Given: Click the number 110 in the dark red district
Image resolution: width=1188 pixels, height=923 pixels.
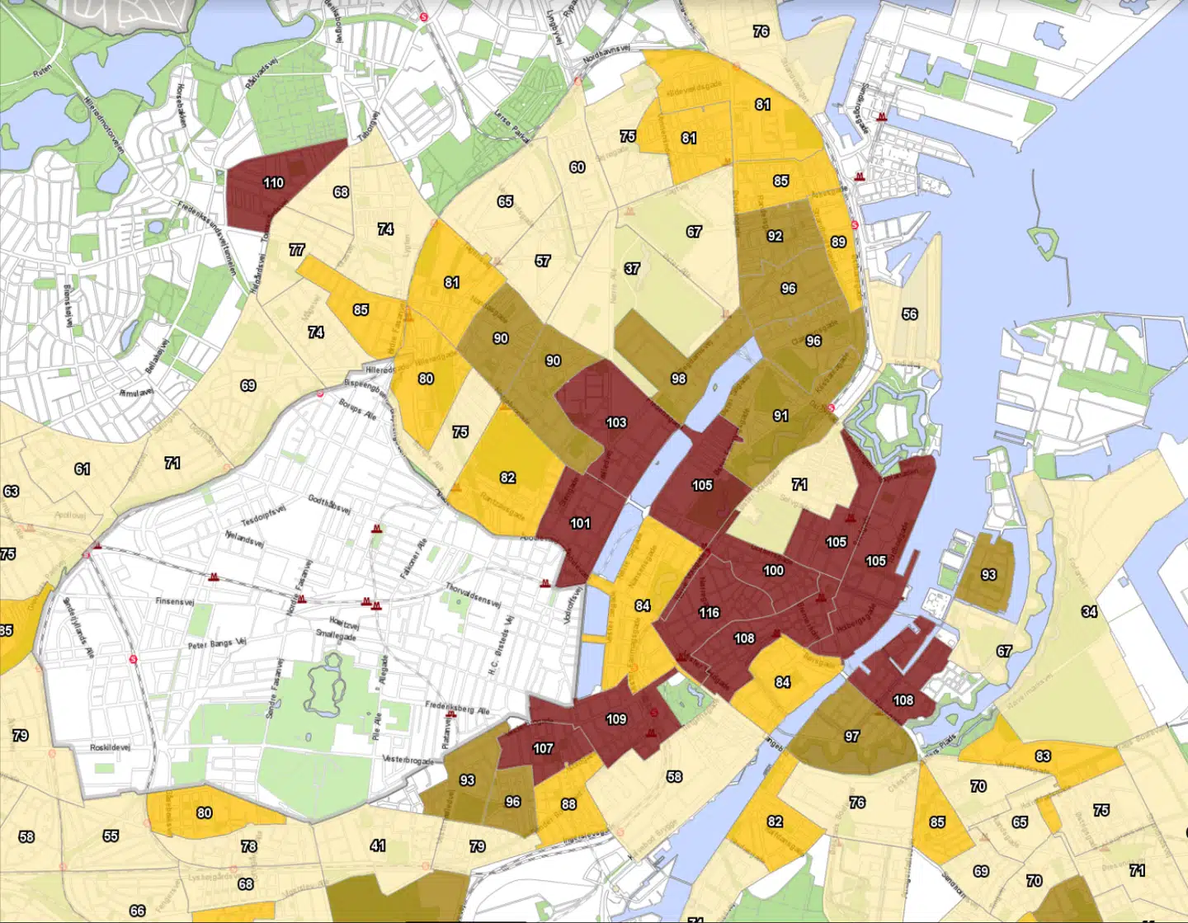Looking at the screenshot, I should tap(273, 182).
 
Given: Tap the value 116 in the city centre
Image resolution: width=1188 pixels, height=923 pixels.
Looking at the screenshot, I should tap(709, 612).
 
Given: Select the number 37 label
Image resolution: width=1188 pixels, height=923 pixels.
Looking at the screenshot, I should tap(632, 268).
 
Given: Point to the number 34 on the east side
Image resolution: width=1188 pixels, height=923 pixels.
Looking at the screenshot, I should tap(1089, 611).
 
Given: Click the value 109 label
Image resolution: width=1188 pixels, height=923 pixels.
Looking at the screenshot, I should tap(616, 718).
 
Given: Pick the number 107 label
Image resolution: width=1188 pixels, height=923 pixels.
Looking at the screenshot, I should tap(543, 748).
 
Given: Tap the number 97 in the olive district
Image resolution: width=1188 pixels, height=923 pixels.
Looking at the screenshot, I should tap(852, 736).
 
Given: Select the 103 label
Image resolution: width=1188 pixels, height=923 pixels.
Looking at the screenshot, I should tap(616, 422).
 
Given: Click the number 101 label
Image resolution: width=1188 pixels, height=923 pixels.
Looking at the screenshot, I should tap(580, 523).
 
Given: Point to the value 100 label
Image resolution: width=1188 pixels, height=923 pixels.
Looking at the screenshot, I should tap(773, 570).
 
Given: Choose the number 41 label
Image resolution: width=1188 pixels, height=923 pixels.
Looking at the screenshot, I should tap(378, 845).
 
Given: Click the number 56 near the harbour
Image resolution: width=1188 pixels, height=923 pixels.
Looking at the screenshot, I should tap(909, 313).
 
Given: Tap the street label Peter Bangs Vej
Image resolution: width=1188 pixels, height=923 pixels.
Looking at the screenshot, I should tap(217, 643).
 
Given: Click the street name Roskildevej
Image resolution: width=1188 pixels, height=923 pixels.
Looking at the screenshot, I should tap(111, 747).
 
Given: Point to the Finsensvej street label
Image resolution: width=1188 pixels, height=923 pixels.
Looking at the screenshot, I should tap(174, 601).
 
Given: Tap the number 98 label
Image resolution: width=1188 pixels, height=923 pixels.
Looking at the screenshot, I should tap(678, 379).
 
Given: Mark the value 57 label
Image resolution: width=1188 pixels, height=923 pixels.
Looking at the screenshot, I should tap(542, 261).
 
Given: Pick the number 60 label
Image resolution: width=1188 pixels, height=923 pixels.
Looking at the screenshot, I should tap(577, 167).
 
